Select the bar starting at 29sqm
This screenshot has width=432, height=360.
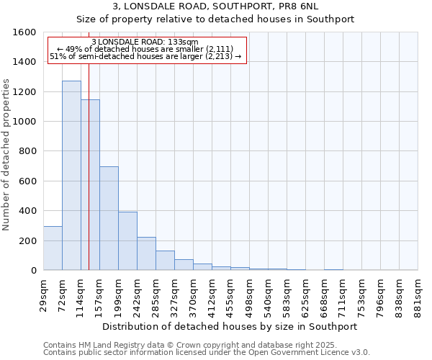pyautogui.click(x=53, y=248)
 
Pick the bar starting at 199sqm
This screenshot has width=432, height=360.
pyautogui.click(x=127, y=240)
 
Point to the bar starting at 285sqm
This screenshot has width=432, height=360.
pyautogui.click(x=165, y=260)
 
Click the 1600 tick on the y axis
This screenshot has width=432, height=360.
pyautogui.click(x=24, y=32)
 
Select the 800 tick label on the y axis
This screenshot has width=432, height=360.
pyautogui.click(x=27, y=151)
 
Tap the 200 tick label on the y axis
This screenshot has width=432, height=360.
pyautogui.click(x=27, y=240)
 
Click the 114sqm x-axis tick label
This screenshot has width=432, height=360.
pyautogui.click(x=81, y=292)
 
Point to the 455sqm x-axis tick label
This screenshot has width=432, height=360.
pyautogui.click(x=231, y=292)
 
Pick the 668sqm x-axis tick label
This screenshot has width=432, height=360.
pyautogui.click(x=325, y=292)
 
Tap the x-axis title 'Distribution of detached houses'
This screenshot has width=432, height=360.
pyautogui.click(x=230, y=326)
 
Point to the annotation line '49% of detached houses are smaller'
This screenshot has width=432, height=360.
pyautogui.click(x=146, y=49)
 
